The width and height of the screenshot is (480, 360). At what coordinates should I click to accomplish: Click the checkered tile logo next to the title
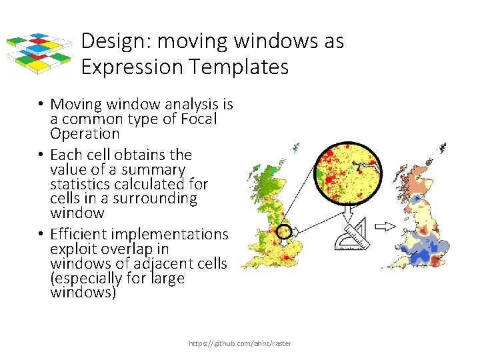click(x=39, y=53)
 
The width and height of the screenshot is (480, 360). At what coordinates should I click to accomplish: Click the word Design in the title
click(x=114, y=41)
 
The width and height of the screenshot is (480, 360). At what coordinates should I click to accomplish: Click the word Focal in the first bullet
click(x=195, y=119)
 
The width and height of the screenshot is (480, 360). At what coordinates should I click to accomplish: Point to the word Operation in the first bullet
click(x=85, y=133)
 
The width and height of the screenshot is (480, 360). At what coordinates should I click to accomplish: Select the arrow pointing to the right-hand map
click(x=385, y=227)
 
